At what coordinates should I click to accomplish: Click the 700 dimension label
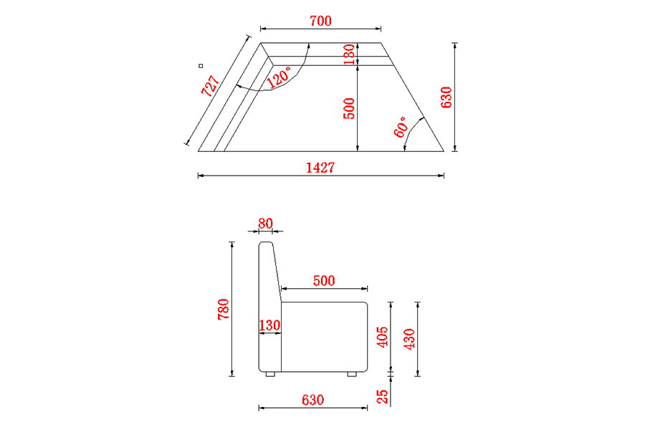(x=320, y=21)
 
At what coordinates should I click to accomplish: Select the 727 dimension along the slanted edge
(x=210, y=85)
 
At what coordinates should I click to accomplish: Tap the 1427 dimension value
(x=320, y=168)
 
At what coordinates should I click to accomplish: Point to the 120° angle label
(x=279, y=77)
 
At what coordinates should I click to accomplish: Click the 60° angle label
(x=401, y=127)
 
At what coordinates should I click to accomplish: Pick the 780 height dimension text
(x=224, y=309)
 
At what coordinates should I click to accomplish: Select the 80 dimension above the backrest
(x=265, y=224)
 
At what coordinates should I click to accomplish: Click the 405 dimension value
(x=383, y=337)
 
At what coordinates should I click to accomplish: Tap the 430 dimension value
(x=409, y=339)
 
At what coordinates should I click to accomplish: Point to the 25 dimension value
(x=383, y=396)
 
